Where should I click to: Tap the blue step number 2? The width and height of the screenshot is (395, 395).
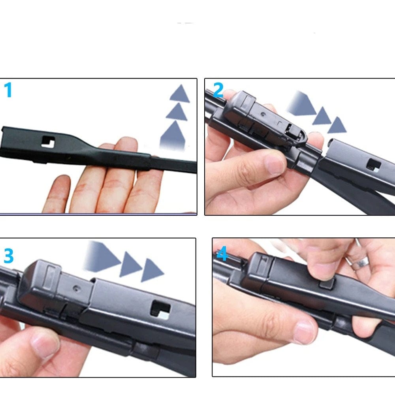(218, 90)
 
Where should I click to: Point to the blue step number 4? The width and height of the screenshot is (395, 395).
(222, 254)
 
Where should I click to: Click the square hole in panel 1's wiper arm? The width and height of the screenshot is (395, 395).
(48, 142)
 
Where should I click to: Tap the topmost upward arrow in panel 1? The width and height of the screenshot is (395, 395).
(180, 94)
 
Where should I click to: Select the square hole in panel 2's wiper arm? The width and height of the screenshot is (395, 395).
(374, 164)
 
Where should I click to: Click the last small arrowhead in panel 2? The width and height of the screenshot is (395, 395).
(337, 125)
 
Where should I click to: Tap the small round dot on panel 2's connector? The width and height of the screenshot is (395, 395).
(263, 114)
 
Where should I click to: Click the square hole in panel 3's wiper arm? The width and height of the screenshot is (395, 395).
(160, 309)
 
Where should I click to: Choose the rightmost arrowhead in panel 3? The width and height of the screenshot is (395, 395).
(152, 270)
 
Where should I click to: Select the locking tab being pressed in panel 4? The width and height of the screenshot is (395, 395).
(327, 284)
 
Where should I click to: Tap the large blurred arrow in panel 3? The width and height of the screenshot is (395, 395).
(102, 257)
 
